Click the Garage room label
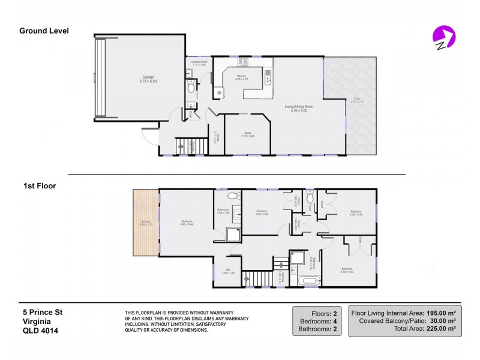(148, 79)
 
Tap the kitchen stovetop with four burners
(244, 61)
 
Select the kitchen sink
(268, 75)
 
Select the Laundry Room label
(195, 63)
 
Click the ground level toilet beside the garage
(191, 88)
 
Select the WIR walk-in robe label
(228, 272)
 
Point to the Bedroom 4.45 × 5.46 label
(187, 223)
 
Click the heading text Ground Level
(44, 31)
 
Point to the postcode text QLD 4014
(40, 330)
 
